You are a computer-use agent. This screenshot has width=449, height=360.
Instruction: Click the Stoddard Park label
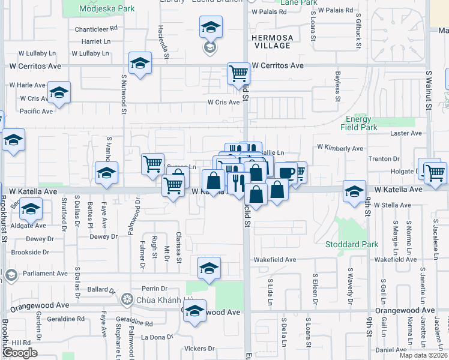[x=352, y=244]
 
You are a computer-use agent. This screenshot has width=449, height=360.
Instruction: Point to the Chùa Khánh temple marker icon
[x=126, y=298]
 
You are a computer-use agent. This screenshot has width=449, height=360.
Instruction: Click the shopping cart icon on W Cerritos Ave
[x=238, y=74]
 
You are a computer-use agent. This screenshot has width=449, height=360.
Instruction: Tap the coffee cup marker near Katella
[x=286, y=173]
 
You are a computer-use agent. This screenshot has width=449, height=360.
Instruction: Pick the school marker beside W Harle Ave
[x=59, y=92]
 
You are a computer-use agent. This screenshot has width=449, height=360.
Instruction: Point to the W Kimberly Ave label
[x=340, y=148]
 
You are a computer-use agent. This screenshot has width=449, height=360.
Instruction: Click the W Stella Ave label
[x=392, y=205]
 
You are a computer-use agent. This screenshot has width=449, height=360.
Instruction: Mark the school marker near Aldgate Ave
[x=31, y=209]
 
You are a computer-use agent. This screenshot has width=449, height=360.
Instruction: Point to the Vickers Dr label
[x=199, y=348]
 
